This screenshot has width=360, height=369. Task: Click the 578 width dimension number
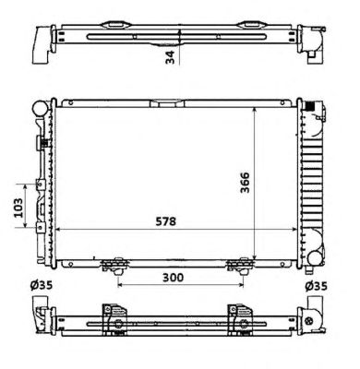coord(165,221)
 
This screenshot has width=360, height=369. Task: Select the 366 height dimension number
coord(246,183)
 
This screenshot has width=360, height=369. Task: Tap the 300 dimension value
coord(173,278)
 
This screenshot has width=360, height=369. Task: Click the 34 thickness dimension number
coord(170,57)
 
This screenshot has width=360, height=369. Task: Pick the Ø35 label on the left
coord(42,285)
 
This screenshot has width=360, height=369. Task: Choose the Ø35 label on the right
coord(316,286)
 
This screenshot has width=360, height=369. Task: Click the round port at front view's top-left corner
coord(40,108)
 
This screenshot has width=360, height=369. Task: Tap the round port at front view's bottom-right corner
coord(316,258)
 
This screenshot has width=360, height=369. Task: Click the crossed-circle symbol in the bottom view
coord(308,320)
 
